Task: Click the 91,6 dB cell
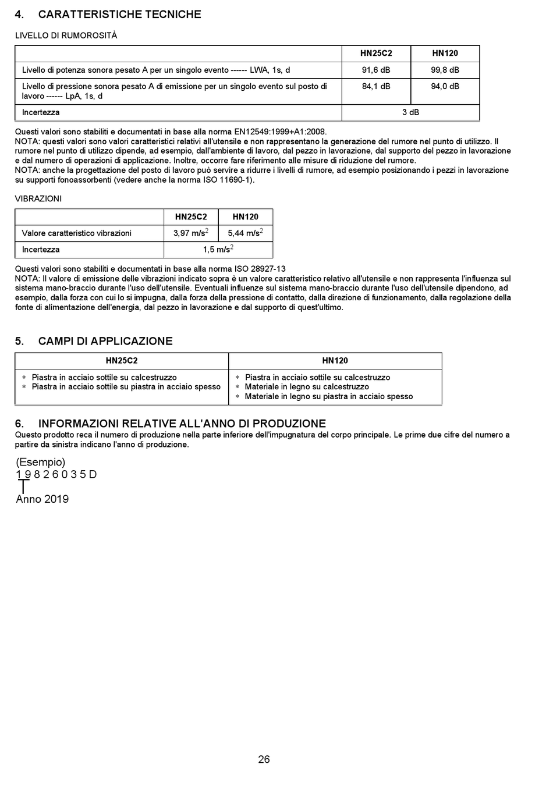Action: click(376, 70)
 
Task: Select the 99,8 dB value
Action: click(445, 70)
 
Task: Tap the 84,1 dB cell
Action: click(376, 86)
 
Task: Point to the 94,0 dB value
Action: click(445, 86)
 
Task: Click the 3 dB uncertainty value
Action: click(410, 112)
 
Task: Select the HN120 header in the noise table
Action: click(445, 54)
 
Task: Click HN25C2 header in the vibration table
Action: click(191, 217)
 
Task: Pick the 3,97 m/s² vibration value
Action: click(191, 233)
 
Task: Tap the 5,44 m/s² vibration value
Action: click(245, 233)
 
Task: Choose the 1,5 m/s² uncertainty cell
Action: click(218, 250)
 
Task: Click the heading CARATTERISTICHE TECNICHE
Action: click(119, 15)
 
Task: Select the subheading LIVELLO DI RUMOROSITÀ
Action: click(66, 35)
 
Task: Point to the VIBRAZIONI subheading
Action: click(38, 198)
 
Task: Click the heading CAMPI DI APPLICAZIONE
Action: click(105, 341)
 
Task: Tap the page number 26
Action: click(264, 759)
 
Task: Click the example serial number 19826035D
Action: click(56, 474)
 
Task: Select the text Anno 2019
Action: click(42, 499)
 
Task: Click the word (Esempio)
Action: click(41, 462)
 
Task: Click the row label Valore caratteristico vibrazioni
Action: click(77, 233)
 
